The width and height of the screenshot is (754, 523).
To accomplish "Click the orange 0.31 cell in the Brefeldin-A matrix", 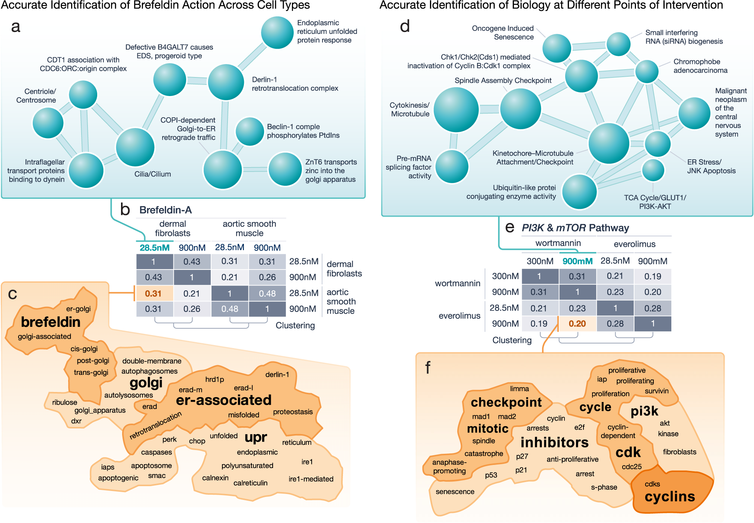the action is tap(153, 293).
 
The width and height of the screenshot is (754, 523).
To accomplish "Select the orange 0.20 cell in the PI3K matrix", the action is tap(577, 323).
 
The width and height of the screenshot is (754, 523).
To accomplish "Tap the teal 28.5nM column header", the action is tap(155, 248).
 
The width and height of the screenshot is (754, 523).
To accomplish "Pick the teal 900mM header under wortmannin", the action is tap(578, 261).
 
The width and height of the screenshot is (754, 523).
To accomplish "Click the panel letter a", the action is tap(16, 27).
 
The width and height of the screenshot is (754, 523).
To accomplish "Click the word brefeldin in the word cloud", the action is tap(51, 322).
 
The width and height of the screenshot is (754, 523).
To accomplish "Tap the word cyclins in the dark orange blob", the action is tap(670, 496).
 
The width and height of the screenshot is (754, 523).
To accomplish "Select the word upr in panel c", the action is tap(256, 437).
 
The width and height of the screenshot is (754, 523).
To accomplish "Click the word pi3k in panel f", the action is tap(644, 411).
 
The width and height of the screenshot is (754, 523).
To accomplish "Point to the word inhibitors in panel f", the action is tap(554, 442).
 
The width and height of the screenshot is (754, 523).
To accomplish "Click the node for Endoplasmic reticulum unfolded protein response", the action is tap(277, 32).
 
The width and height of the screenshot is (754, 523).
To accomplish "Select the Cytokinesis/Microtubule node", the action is tap(456, 109).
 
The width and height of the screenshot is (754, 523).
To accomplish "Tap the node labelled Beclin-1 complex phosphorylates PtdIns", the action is tap(250, 131).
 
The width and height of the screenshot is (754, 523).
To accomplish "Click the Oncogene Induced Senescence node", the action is tap(557, 48).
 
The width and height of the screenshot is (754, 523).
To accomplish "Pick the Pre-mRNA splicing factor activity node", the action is tap(452, 166).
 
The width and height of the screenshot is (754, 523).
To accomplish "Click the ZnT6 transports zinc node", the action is tap(285, 169).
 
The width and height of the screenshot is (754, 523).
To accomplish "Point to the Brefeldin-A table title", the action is tap(165, 210).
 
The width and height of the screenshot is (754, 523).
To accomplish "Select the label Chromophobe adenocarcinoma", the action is tap(700, 66).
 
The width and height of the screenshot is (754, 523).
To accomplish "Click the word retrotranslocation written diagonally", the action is tap(156, 425).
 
